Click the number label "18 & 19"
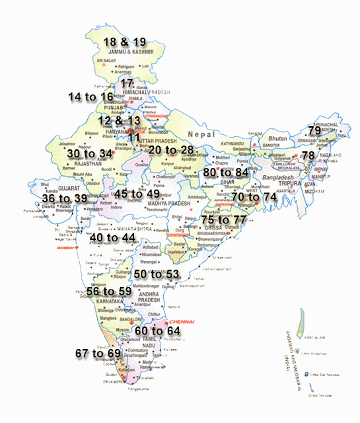[125, 42]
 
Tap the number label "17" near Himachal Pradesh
[127, 83]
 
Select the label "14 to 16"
[90, 97]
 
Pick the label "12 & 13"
[119, 121]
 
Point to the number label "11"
[133, 137]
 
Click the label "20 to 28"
[171, 151]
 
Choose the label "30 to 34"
[90, 153]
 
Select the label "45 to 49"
[137, 194]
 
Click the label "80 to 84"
[226, 173]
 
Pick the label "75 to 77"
[223, 219]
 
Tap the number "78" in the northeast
[308, 155]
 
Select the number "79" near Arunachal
[314, 131]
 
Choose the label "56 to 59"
[109, 291]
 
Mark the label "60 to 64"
[157, 330]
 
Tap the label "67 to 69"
[98, 354]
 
